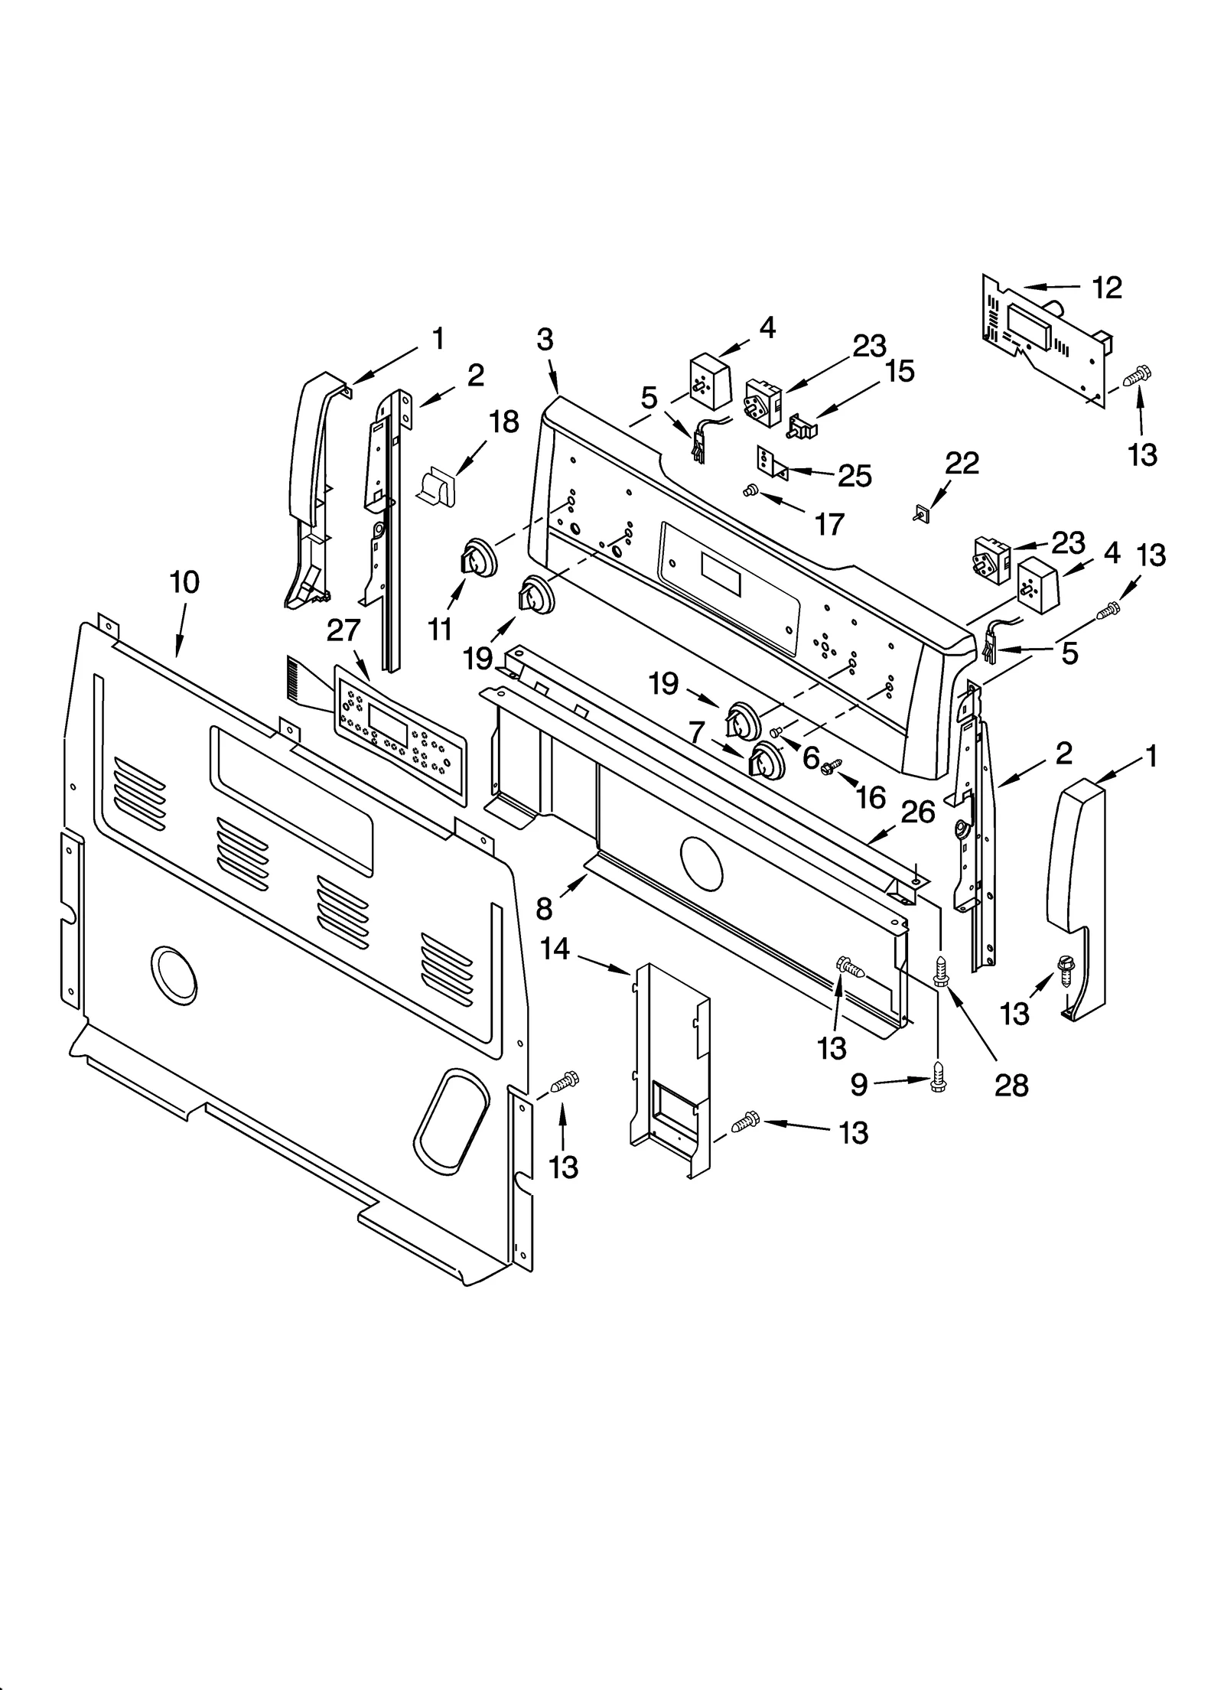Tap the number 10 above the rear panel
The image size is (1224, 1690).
tap(184, 582)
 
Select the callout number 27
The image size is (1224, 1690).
tap(343, 630)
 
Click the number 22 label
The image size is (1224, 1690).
tap(962, 463)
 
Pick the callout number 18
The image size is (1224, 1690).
tap(503, 422)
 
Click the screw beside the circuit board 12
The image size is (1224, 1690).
tap(1138, 376)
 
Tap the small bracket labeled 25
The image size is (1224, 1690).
tap(773, 463)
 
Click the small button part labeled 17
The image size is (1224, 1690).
tap(750, 490)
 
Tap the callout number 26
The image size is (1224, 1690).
tap(918, 812)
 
